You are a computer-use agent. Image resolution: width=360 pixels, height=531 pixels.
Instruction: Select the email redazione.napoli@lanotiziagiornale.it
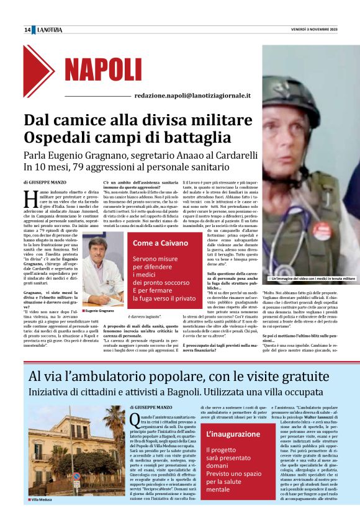click(192, 96)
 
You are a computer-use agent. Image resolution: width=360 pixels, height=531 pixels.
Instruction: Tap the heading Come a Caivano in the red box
click(160, 243)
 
